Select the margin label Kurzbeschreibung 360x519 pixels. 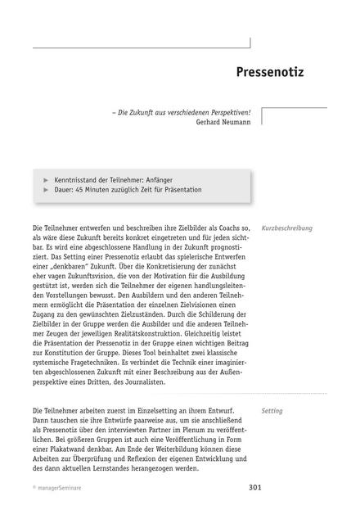286,228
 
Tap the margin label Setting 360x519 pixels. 272,412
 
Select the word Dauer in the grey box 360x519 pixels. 65,189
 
